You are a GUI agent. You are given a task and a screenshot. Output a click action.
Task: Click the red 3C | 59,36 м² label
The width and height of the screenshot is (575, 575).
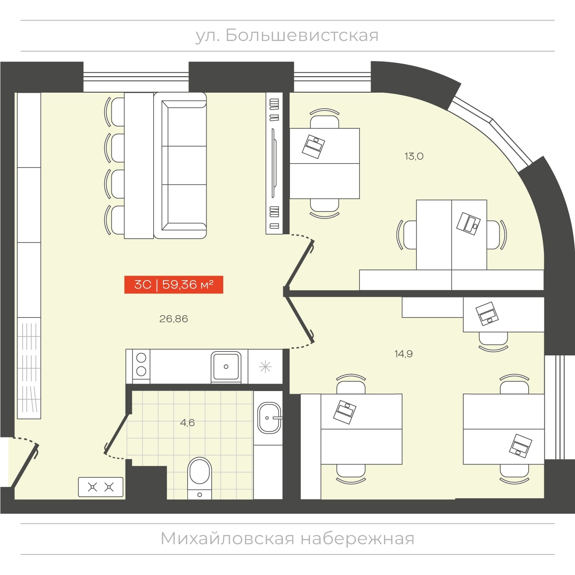pyautogui.click(x=174, y=284)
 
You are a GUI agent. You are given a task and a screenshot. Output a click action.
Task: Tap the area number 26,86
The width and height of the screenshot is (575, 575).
pyautogui.click(x=174, y=319)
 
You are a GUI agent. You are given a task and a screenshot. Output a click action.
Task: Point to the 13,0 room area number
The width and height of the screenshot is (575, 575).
pyautogui.click(x=414, y=156)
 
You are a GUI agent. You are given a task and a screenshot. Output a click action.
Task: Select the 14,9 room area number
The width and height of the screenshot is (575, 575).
pyautogui.click(x=404, y=354)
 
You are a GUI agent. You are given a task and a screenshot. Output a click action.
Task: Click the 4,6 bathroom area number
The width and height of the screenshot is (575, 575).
pyautogui.click(x=188, y=423)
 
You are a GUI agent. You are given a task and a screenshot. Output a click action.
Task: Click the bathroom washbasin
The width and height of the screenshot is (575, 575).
pyautogui.click(x=269, y=418)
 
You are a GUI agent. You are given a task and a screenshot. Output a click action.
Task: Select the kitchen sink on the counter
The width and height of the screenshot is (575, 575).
pyautogui.click(x=226, y=366)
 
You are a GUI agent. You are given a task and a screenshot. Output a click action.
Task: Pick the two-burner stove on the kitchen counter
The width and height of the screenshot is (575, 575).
pyautogui.click(x=141, y=367)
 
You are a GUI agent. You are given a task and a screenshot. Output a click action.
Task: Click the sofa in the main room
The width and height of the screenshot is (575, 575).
pyautogui.click(x=180, y=165)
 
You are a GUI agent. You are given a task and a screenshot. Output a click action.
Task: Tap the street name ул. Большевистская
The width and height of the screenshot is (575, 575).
pyautogui.click(x=287, y=36)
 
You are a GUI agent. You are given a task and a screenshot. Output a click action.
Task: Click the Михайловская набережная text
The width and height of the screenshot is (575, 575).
pyautogui.click(x=287, y=539)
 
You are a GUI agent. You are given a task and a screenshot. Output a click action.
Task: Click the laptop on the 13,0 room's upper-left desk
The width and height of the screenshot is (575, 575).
pyautogui.click(x=313, y=147)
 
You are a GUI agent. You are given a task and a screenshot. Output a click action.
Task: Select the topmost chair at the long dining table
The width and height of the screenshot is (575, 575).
pyautogui.click(x=114, y=112)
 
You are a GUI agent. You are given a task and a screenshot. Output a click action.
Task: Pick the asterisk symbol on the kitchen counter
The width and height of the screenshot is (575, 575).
pyautogui.click(x=265, y=367)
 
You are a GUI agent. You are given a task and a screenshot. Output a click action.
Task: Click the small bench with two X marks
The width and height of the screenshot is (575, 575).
pyautogui.click(x=101, y=487)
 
